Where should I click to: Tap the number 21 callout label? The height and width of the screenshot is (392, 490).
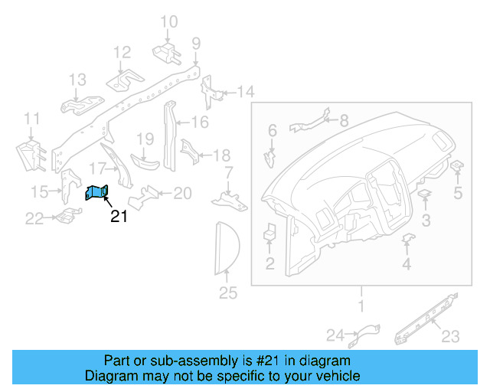[119, 217]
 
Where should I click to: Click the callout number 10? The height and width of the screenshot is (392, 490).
[169, 21]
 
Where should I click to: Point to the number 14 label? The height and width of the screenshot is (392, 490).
[244, 93]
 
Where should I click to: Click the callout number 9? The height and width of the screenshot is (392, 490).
[196, 43]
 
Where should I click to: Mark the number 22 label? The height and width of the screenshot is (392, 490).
[34, 220]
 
